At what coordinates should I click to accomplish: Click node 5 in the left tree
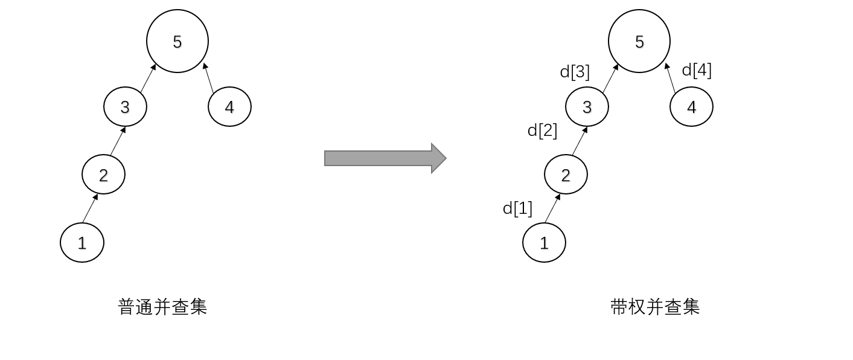tap(177, 41)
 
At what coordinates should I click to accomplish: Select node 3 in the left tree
tap(125, 107)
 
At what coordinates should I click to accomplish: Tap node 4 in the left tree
tap(229, 107)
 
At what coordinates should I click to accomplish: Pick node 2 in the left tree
tap(103, 175)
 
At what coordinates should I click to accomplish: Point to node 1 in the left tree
tap(82, 243)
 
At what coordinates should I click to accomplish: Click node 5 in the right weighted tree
tap(639, 41)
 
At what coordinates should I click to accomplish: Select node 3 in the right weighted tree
tap(587, 107)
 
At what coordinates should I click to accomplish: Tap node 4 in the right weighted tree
tap(691, 107)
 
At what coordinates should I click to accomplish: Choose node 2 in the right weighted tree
tap(566, 175)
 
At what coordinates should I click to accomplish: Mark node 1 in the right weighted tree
tap(544, 243)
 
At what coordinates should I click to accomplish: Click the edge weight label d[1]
tap(517, 208)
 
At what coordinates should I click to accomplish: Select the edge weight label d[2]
tap(542, 130)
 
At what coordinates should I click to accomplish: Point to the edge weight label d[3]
tap(575, 72)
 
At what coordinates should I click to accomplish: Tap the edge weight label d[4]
tap(697, 70)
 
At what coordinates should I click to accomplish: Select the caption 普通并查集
tap(162, 307)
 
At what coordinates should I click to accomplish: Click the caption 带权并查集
tap(655, 307)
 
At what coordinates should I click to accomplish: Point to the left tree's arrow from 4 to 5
tap(209, 78)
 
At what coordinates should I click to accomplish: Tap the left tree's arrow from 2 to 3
tap(117, 141)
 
